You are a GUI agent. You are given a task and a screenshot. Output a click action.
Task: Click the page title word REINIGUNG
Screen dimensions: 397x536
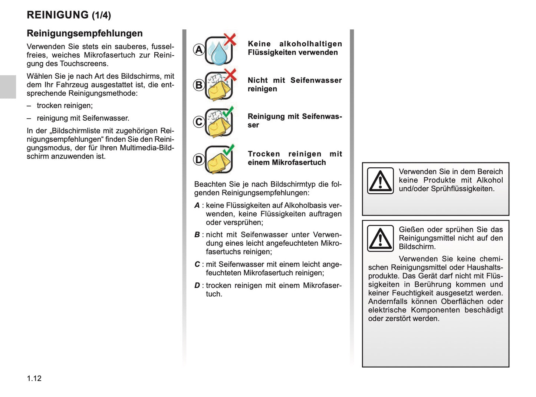(57, 15)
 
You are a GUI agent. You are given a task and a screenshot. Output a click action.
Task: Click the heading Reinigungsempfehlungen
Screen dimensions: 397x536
(85, 33)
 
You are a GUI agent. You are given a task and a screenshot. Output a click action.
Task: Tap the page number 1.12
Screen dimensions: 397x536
(34, 378)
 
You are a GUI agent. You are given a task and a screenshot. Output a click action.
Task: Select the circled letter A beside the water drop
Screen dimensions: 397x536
(199, 50)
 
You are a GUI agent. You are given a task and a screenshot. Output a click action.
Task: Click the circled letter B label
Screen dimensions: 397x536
(199, 85)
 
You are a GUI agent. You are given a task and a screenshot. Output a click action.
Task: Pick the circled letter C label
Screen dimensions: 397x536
(199, 122)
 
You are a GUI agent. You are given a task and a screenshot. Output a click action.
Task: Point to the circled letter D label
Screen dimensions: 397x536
(199, 160)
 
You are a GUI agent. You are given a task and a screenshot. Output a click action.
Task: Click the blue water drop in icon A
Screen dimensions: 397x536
(218, 53)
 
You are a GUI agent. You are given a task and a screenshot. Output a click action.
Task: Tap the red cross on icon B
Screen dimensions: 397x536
(230, 75)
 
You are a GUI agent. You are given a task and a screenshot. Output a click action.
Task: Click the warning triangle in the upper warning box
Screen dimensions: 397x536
(380, 181)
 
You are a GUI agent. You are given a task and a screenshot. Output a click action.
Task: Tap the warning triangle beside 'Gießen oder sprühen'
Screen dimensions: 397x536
(380, 238)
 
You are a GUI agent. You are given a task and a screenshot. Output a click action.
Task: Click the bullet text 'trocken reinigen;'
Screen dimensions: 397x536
(65, 106)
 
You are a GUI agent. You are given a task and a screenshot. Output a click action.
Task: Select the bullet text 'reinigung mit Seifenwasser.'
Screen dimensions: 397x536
(83, 118)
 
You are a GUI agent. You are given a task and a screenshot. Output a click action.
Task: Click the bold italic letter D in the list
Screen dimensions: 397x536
(197, 285)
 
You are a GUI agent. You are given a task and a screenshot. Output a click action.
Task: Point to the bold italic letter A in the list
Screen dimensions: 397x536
(197, 205)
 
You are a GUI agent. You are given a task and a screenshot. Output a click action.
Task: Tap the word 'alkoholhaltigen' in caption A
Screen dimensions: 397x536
(310, 44)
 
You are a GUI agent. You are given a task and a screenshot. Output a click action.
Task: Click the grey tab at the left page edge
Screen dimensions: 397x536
(8, 87)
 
